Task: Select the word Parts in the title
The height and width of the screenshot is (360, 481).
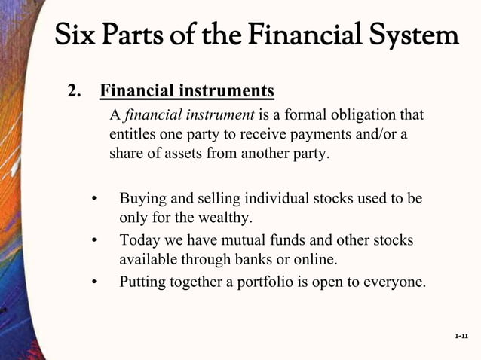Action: coord(138,35)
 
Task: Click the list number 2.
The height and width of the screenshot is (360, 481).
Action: coord(75,92)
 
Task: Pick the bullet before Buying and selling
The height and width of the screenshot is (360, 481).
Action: coord(94,200)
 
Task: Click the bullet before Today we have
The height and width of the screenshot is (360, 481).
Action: coord(94,241)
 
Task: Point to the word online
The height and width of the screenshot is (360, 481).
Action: coord(317,261)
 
